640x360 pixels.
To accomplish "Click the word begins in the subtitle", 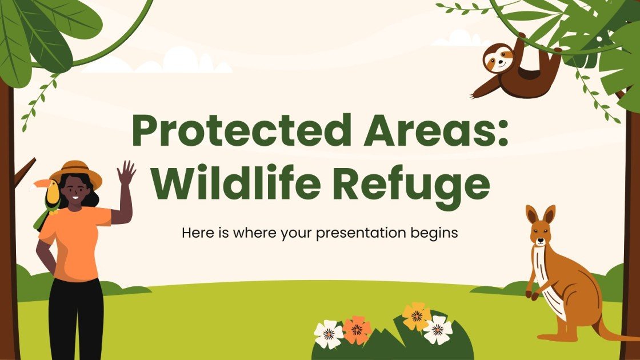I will tap(433, 233).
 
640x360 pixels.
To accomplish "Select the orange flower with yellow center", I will tap(357, 329).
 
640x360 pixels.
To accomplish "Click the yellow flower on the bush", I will tap(416, 315).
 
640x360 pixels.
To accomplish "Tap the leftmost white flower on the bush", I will tap(329, 334).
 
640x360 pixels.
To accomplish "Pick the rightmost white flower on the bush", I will tap(438, 330).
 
